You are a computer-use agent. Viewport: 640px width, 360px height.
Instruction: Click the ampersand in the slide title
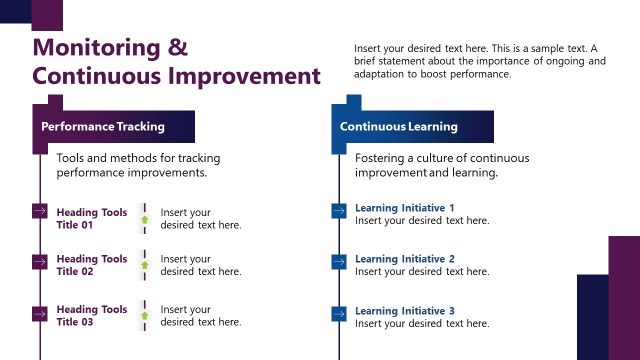pyautogui.click(x=177, y=48)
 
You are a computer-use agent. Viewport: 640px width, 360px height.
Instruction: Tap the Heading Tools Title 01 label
pyautogui.click(x=91, y=218)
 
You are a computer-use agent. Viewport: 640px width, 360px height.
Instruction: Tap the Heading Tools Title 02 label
pyautogui.click(x=91, y=265)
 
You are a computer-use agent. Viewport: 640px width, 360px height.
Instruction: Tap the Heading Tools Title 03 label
pyautogui.click(x=91, y=315)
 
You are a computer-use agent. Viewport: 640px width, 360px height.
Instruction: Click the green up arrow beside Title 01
pyautogui.click(x=144, y=219)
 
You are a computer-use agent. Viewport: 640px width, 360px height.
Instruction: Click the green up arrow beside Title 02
pyautogui.click(x=144, y=266)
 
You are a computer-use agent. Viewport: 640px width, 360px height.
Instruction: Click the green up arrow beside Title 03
pyautogui.click(x=144, y=316)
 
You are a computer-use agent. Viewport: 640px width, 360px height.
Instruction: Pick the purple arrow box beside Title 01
pyautogui.click(x=40, y=211)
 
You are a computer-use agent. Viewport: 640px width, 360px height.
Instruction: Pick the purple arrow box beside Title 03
pyautogui.click(x=40, y=313)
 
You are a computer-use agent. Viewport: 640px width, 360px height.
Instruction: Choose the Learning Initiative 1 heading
pyautogui.click(x=404, y=208)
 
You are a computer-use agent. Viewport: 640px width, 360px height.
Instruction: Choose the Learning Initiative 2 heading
pyautogui.click(x=404, y=259)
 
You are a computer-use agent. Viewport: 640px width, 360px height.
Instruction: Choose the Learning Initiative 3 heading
pyautogui.click(x=404, y=311)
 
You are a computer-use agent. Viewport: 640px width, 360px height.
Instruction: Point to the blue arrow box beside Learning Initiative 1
pyautogui.click(x=338, y=211)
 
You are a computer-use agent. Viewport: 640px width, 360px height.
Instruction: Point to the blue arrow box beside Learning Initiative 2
pyautogui.click(x=338, y=262)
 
